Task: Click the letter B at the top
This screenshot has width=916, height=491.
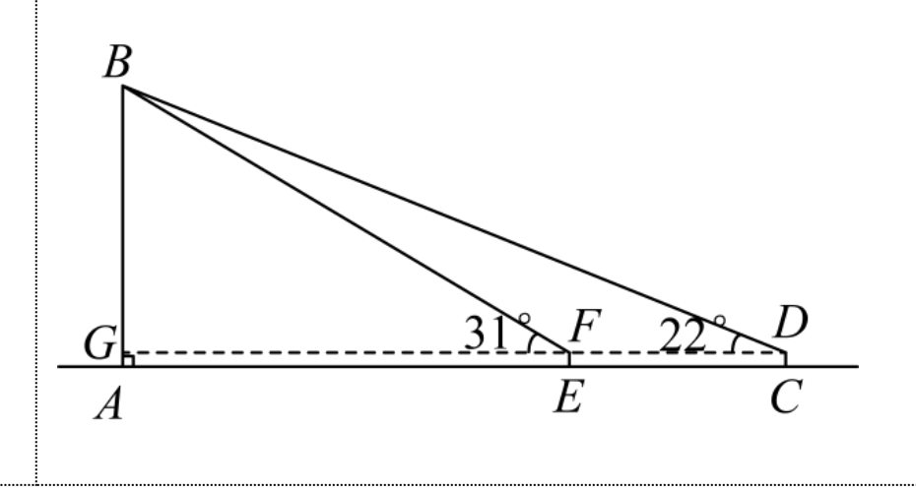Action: coord(117,61)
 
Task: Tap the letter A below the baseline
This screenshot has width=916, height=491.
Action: coord(109,404)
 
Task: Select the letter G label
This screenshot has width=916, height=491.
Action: coord(99,342)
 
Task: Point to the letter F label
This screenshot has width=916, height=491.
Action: coord(585,325)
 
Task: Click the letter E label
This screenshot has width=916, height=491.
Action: coord(568,399)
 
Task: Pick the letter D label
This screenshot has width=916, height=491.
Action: coord(790,323)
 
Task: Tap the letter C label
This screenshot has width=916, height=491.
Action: coord(787,397)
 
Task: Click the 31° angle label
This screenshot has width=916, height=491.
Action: coord(497,332)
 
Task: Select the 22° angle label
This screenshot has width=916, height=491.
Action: coord(692,334)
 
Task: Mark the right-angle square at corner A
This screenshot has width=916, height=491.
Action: coord(128,360)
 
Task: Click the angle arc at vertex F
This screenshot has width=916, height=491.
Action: coord(531,342)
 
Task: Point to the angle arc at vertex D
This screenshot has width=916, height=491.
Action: coord(735,343)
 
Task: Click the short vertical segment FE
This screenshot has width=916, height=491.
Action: coord(569,359)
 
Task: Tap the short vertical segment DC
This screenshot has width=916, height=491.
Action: coord(786,359)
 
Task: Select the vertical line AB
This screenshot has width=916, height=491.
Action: coord(123,226)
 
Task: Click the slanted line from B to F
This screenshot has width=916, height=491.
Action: coord(346,219)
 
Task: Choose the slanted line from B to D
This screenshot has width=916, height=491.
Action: coord(454,219)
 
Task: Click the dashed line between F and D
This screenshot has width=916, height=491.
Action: coord(678,352)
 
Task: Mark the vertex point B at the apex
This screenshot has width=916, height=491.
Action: coord(123,86)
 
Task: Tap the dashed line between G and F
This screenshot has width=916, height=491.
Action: coord(346,352)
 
